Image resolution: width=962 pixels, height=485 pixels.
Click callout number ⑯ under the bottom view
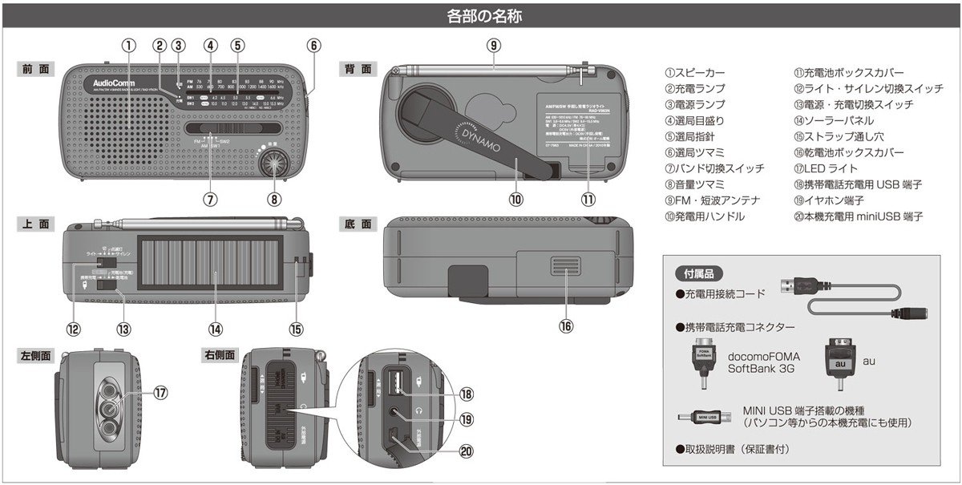point(565,326)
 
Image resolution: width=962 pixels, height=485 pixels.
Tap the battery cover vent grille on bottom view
point(566,273)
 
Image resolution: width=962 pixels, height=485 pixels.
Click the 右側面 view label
point(220,354)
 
